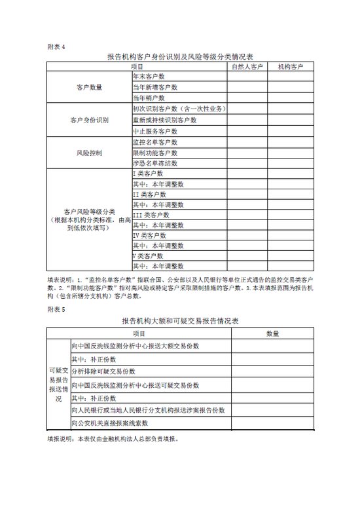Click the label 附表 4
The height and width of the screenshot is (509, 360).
(57, 47)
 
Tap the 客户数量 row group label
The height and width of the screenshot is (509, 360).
(89, 86)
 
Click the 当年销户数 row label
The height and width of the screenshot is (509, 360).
(151, 97)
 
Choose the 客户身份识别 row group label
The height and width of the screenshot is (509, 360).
(89, 121)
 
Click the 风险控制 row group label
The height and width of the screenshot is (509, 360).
(89, 152)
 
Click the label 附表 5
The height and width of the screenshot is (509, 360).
(57, 308)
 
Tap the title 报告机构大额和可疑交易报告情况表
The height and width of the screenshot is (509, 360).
(181, 322)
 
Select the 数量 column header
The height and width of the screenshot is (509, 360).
(272, 333)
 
